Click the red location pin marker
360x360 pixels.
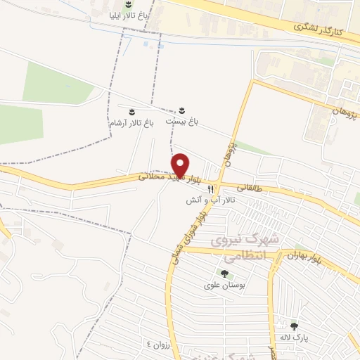point(181,165)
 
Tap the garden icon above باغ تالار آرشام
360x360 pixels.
point(130,111)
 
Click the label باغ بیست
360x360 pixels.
point(182,122)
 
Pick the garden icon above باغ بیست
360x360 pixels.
point(182,110)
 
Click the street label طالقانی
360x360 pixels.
point(251,188)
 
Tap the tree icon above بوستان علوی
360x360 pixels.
point(224,274)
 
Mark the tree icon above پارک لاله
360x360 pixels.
point(295,326)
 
